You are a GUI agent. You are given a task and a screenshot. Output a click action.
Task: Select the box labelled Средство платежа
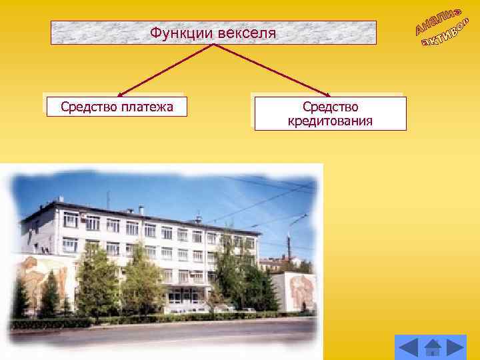click(x=117, y=106)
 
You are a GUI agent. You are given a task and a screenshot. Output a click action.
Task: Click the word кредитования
click(x=330, y=121)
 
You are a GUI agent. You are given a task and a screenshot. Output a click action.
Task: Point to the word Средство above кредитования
click(x=330, y=107)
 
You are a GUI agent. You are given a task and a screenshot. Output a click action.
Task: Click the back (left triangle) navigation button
click(x=409, y=347)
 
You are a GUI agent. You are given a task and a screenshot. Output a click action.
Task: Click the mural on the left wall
click(x=40, y=273)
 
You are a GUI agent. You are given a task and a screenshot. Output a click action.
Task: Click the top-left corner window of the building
click(x=70, y=219)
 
